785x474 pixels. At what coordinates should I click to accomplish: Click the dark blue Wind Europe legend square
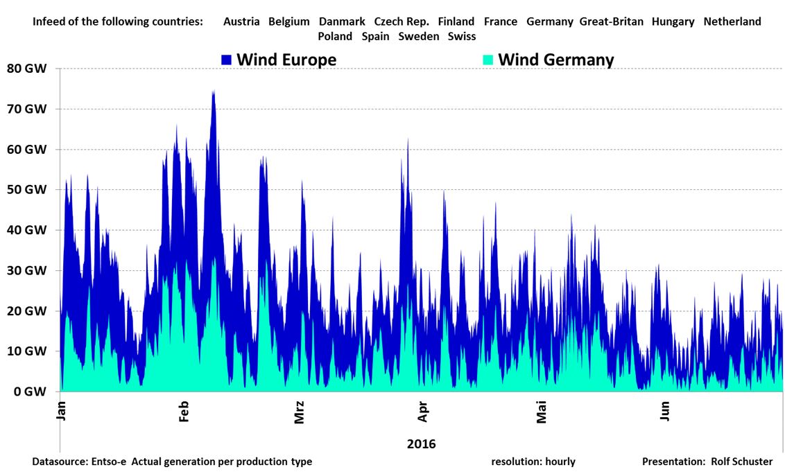tap(227, 60)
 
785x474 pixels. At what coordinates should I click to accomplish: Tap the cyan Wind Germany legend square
tap(488, 60)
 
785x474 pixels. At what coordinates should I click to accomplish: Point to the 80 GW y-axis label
tap(27, 69)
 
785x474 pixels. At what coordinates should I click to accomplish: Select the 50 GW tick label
tap(27, 190)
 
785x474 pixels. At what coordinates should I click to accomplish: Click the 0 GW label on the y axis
tap(30, 392)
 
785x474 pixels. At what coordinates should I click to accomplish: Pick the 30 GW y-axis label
tap(27, 270)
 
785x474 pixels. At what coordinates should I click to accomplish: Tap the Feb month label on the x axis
tap(184, 410)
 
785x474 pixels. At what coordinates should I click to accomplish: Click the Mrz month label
tap(300, 412)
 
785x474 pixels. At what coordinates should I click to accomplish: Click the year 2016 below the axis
tap(422, 444)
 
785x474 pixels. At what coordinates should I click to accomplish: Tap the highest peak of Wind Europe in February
tap(213, 91)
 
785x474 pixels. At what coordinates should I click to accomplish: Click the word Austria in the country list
tap(241, 21)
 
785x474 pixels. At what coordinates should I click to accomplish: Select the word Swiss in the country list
tap(462, 36)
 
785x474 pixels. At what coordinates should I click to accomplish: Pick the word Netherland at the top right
tap(732, 21)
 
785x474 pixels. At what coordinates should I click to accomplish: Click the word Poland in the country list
tap(335, 36)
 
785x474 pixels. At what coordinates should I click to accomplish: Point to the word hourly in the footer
tap(558, 462)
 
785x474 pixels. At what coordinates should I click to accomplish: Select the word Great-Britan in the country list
tap(611, 21)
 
